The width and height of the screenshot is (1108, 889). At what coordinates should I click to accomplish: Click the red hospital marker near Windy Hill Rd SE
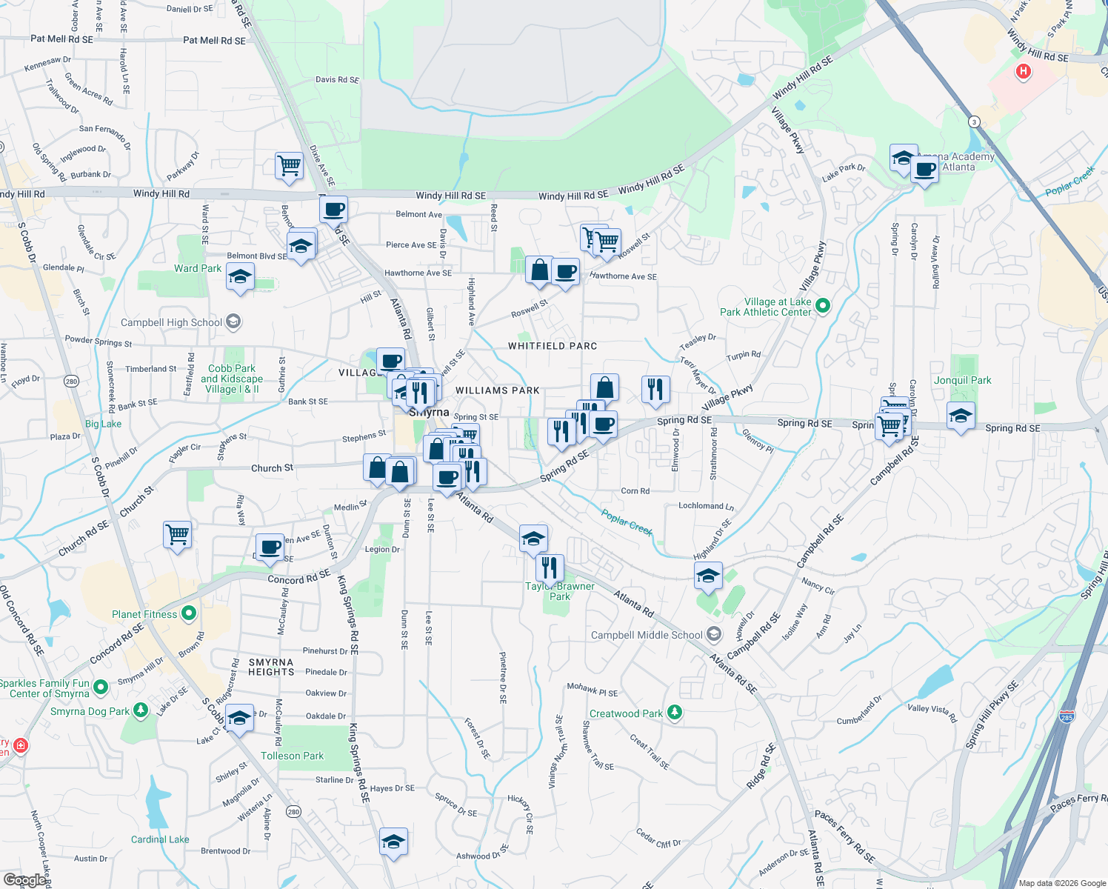coord(1024,71)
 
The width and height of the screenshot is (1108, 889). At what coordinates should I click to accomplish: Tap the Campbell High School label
coord(171,322)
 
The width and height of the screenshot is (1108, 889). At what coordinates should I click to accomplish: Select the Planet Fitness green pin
coord(189,613)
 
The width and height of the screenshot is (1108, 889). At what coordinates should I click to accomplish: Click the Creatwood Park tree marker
coord(674,713)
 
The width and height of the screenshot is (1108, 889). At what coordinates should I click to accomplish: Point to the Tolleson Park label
coord(292,756)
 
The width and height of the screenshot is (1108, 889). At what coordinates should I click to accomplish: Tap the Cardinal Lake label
coord(160,839)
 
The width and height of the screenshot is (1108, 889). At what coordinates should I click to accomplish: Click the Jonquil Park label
coord(962,380)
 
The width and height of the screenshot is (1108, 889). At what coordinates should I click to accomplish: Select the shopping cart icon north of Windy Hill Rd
coord(289,165)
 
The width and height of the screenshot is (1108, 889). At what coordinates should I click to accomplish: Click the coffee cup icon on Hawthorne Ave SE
coord(566,272)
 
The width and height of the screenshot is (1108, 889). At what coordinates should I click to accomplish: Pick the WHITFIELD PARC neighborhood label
coord(553,346)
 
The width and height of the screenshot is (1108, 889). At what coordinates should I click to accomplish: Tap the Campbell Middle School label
coord(647,635)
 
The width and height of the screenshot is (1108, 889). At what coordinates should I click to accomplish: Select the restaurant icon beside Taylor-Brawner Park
coord(550,567)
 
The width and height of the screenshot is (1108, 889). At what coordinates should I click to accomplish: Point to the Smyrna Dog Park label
coord(90,711)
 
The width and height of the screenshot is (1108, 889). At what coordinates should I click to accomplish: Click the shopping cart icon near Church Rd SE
coord(178,533)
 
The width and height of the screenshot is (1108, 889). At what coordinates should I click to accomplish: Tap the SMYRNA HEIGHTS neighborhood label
coord(271,667)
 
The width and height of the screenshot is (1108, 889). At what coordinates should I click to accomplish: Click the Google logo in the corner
coord(24,880)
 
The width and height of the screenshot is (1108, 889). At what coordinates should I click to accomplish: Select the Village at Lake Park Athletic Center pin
coord(823,305)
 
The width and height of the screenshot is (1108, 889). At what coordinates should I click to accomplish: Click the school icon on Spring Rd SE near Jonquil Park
coord(961,416)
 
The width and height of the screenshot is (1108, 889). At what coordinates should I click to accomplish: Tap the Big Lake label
coord(103,424)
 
